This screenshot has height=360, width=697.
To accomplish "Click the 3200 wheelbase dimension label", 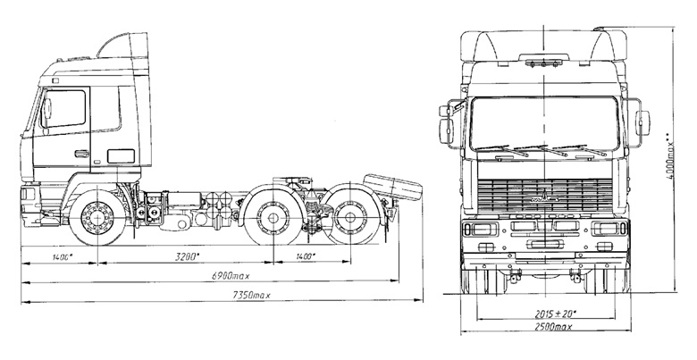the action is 187,256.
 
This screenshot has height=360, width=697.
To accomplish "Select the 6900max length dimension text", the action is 231,276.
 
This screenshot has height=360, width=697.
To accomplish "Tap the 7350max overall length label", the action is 252,295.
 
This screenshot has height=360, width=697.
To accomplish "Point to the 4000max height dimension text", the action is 670,155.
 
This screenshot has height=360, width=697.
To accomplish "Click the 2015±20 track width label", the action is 555,314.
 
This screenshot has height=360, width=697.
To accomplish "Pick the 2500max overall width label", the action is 552,327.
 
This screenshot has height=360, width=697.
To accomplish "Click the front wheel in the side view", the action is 97,218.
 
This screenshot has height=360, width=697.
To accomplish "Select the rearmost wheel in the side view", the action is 349,217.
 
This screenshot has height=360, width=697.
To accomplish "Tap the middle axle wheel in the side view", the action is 273,218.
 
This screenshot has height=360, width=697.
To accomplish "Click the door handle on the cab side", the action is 81,154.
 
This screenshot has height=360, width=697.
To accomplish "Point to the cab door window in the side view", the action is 64,109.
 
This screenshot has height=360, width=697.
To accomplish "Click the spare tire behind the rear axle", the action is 392,187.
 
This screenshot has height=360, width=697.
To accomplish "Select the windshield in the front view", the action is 544,123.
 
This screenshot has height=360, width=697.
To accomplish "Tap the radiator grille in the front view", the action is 545,196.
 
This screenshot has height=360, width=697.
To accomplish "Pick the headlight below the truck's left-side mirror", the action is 609,229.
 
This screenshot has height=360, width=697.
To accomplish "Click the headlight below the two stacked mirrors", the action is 480,229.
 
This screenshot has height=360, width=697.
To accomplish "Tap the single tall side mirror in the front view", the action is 642,122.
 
